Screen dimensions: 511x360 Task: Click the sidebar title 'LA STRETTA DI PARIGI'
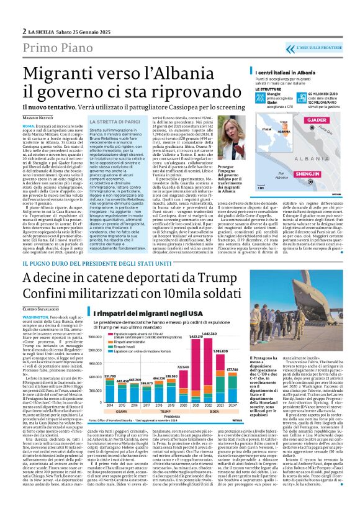coord(118,104)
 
